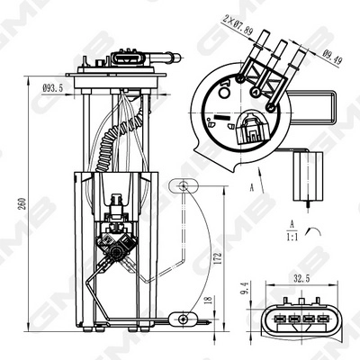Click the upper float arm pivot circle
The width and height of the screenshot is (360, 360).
184,185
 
